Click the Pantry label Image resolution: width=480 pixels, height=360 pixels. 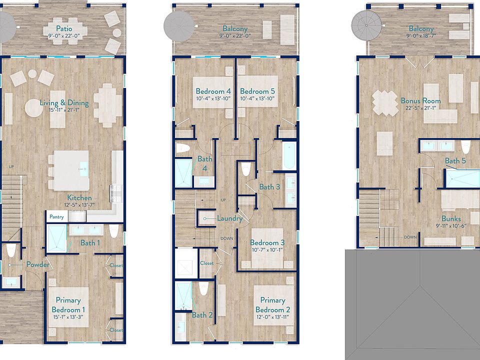pyautogui.click(x=56, y=216)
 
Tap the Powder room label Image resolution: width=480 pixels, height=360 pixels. pyautogui.click(x=37, y=264)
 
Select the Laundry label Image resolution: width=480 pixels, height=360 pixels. pyautogui.click(x=229, y=218)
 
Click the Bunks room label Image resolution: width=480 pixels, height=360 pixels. pyautogui.click(x=451, y=218)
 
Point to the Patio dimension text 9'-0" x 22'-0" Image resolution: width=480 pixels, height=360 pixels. pyautogui.click(x=64, y=36)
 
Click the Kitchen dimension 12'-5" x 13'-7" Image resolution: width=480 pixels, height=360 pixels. pyautogui.click(x=79, y=204)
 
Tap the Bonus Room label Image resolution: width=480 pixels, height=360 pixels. pyautogui.click(x=420, y=100)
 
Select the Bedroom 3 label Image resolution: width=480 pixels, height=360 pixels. pyautogui.click(x=267, y=242)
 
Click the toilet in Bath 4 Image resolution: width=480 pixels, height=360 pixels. pyautogui.click(x=183, y=148)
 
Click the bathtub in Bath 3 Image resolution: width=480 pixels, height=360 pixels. pyautogui.click(x=289, y=155)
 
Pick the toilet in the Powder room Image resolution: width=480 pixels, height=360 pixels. pyautogui.click(x=11, y=250)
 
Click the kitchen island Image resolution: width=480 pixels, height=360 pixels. pyautogui.click(x=71, y=170)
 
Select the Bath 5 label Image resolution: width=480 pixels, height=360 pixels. pyautogui.click(x=455, y=160)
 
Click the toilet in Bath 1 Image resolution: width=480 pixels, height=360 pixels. pyautogui.click(x=114, y=231)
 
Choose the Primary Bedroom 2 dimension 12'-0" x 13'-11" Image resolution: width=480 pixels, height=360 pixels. pyautogui.click(x=272, y=317)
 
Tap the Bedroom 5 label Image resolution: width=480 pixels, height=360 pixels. pyautogui.click(x=257, y=91)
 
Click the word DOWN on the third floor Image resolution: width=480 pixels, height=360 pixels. pyautogui.click(x=410, y=237)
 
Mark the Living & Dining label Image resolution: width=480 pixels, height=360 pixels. pyautogui.click(x=64, y=103)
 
